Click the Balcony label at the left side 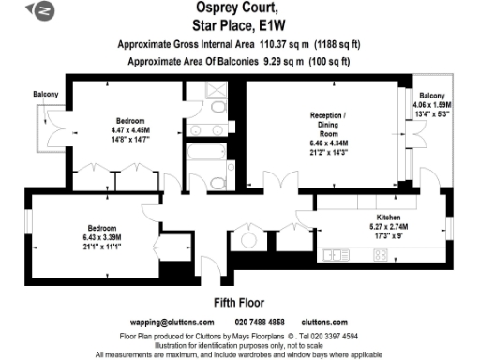[46, 95]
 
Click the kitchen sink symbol [334, 254]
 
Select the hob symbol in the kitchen [382, 254]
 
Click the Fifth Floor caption [239, 303]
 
